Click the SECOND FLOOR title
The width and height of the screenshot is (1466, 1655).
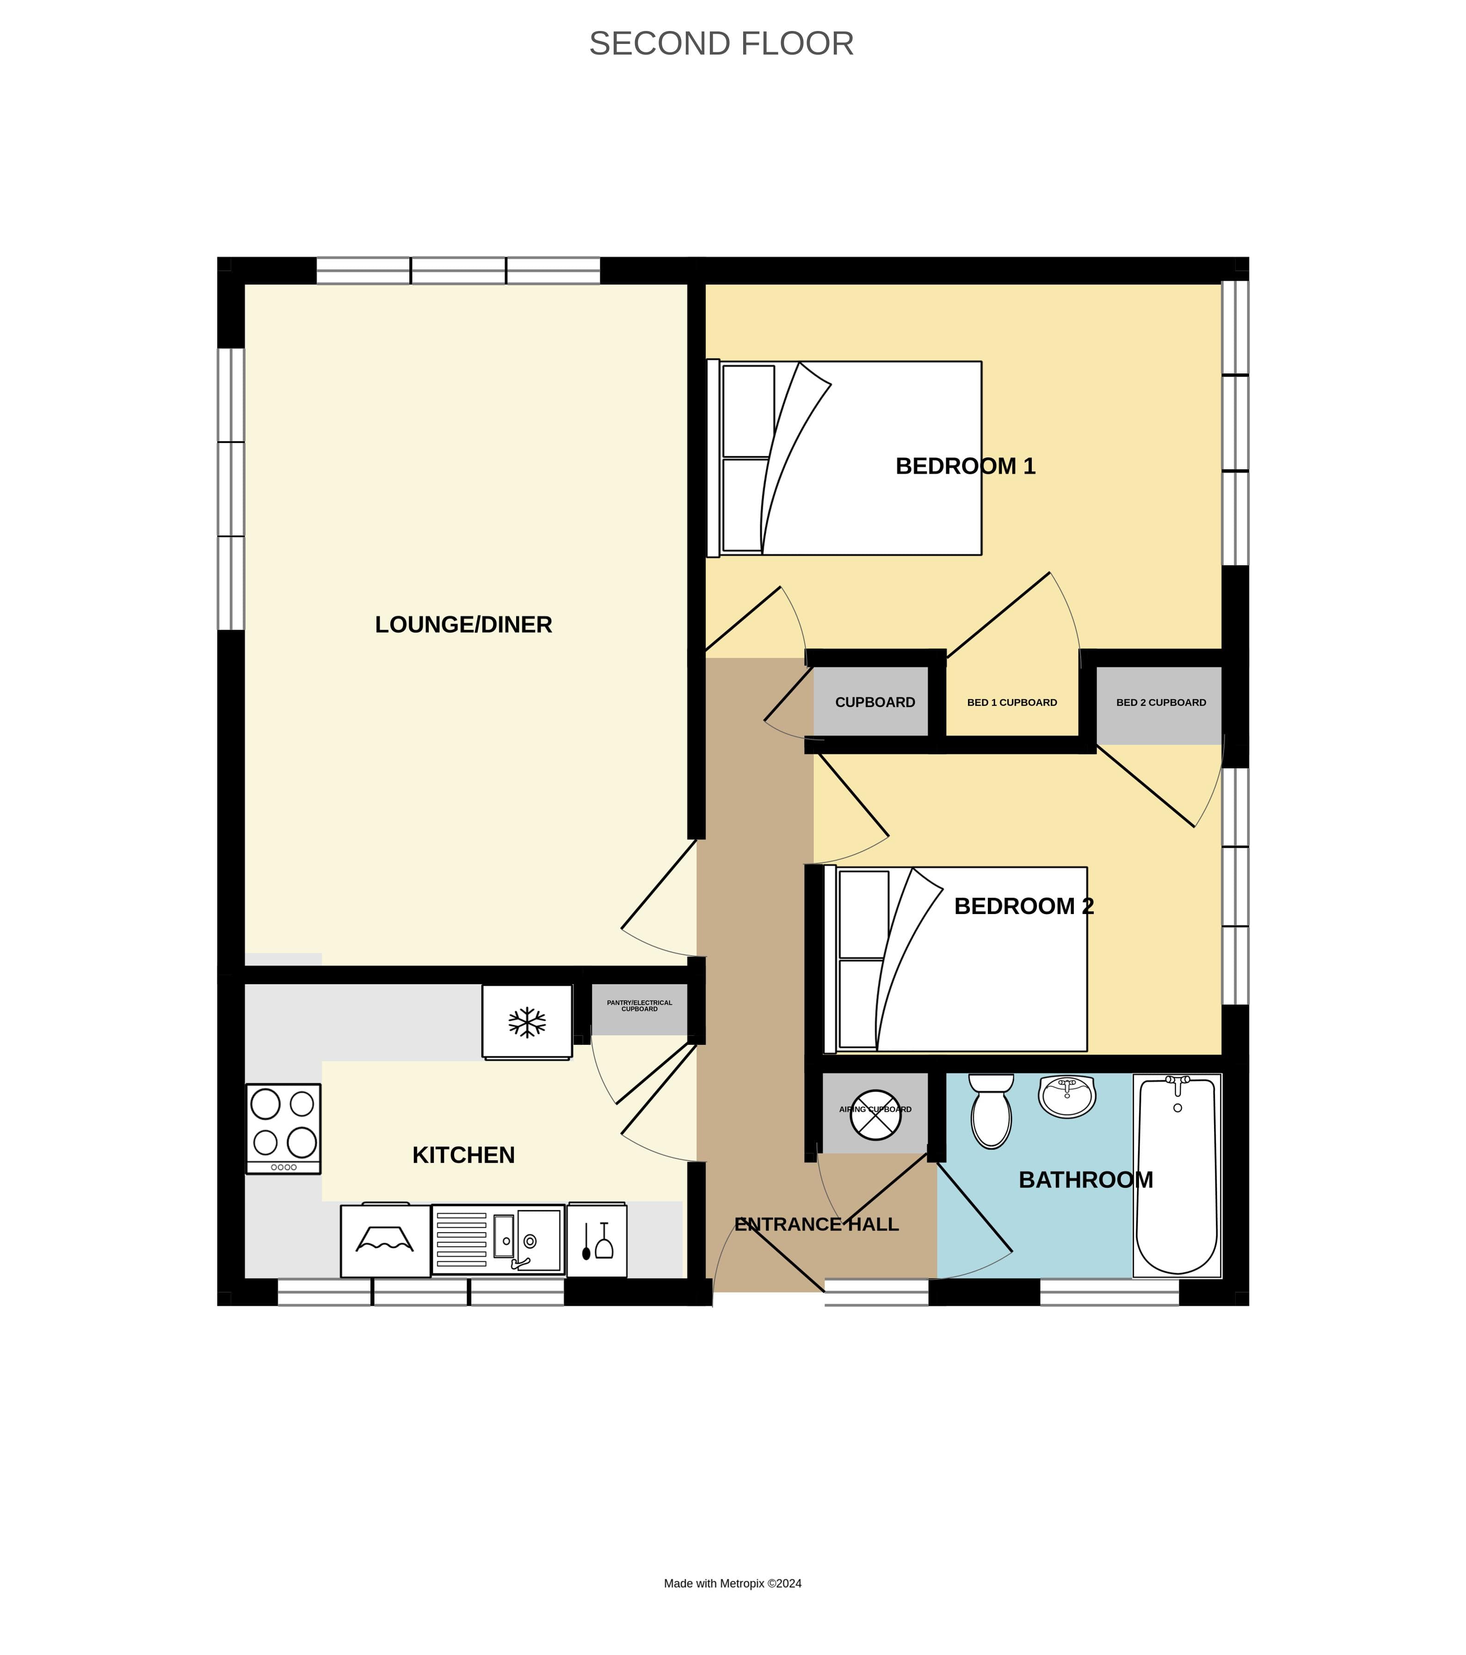[x=721, y=44]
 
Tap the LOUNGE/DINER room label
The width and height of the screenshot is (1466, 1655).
[x=463, y=624]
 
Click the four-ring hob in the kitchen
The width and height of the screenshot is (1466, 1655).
[x=283, y=1128]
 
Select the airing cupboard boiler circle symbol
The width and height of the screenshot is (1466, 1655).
[x=875, y=1114]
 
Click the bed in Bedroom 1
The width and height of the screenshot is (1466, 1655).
[x=846, y=458]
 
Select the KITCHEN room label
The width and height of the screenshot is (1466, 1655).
[x=463, y=1155]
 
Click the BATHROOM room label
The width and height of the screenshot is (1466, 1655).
[x=1085, y=1179]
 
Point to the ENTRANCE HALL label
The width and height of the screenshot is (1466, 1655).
[x=816, y=1224]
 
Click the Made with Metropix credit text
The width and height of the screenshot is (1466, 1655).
[x=732, y=1583]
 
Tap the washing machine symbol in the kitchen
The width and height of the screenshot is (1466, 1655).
[x=385, y=1240]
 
